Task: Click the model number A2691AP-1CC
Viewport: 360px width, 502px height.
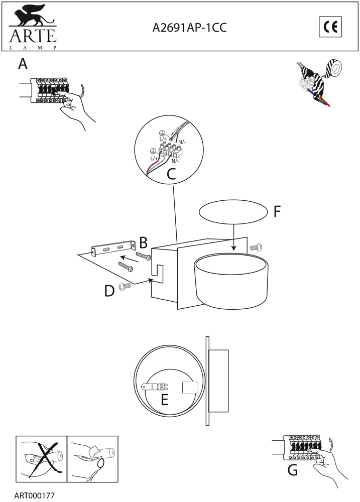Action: point(189,28)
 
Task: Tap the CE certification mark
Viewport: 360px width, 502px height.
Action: point(330,27)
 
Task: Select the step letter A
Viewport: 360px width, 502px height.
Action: point(23,64)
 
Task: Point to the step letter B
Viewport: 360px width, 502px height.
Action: point(143,243)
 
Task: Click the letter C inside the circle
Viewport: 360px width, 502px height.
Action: point(171,175)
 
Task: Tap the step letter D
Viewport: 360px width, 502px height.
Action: point(109,291)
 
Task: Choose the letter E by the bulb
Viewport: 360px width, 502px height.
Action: point(164,400)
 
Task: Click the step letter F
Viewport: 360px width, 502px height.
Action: point(277,212)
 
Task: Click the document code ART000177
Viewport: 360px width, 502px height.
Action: point(34,496)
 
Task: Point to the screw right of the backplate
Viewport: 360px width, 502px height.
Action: point(256,247)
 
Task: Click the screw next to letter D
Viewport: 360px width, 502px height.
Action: point(125,286)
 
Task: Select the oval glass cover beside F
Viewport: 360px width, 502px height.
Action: point(233,212)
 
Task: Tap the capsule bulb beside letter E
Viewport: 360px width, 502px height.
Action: point(155,387)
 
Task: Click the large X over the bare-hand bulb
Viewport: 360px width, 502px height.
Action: point(41,459)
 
